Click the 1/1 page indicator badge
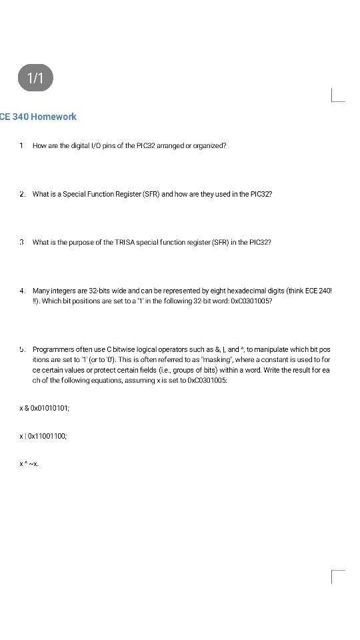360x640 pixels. pyautogui.click(x=35, y=78)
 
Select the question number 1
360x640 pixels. pyautogui.click(x=22, y=145)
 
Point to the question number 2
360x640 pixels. pyautogui.click(x=22, y=194)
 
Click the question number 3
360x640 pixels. pyautogui.click(x=22, y=243)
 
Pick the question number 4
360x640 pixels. pyautogui.click(x=22, y=291)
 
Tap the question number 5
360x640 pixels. pyautogui.click(x=22, y=349)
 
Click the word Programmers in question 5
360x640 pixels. pyautogui.click(x=51, y=349)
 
